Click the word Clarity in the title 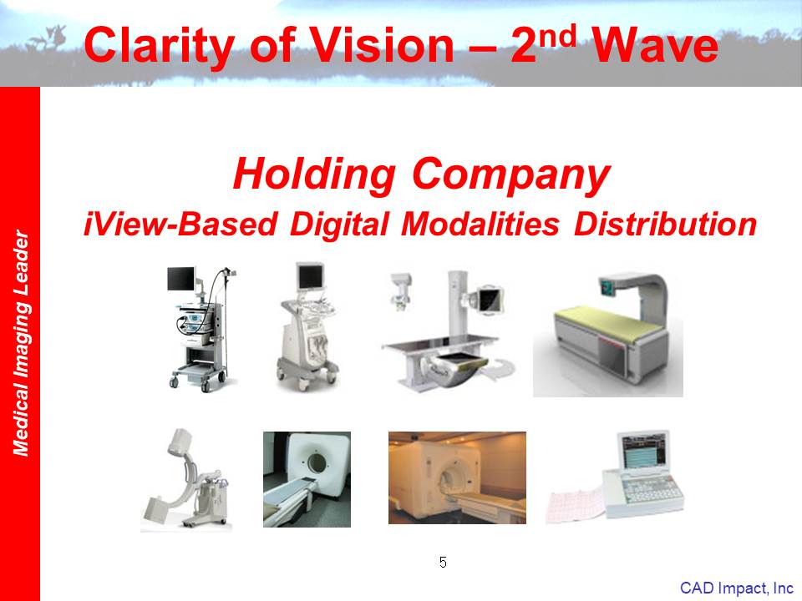[x=160, y=47]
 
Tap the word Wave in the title [x=655, y=45]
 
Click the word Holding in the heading [x=314, y=175]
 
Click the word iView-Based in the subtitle [x=180, y=225]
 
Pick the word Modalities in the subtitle [x=480, y=225]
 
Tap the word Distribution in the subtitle [x=666, y=225]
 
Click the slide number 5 [x=443, y=562]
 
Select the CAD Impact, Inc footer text [x=737, y=588]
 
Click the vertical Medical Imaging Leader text [x=21, y=342]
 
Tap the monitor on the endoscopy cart [x=181, y=279]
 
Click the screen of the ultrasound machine [x=311, y=276]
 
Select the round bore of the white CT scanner [x=317, y=463]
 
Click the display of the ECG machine [x=643, y=449]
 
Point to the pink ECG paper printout [x=576, y=504]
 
